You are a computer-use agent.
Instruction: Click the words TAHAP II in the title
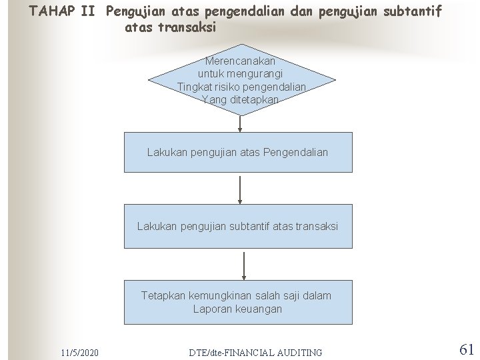click(64, 12)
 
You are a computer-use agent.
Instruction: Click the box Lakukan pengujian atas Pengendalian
click(238, 153)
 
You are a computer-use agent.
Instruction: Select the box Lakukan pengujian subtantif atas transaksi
click(238, 226)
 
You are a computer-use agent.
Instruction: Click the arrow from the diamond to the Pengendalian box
click(239, 123)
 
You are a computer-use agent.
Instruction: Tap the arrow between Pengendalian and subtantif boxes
click(239, 190)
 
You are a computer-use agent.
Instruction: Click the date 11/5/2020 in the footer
click(79, 351)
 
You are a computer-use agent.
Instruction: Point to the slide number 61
click(467, 349)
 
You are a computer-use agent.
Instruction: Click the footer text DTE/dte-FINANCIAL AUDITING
click(255, 352)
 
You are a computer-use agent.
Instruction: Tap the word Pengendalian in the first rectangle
click(296, 153)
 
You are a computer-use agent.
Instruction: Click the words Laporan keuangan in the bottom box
click(237, 309)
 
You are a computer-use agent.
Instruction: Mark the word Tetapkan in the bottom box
click(162, 295)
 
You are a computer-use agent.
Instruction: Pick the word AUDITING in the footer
click(299, 352)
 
